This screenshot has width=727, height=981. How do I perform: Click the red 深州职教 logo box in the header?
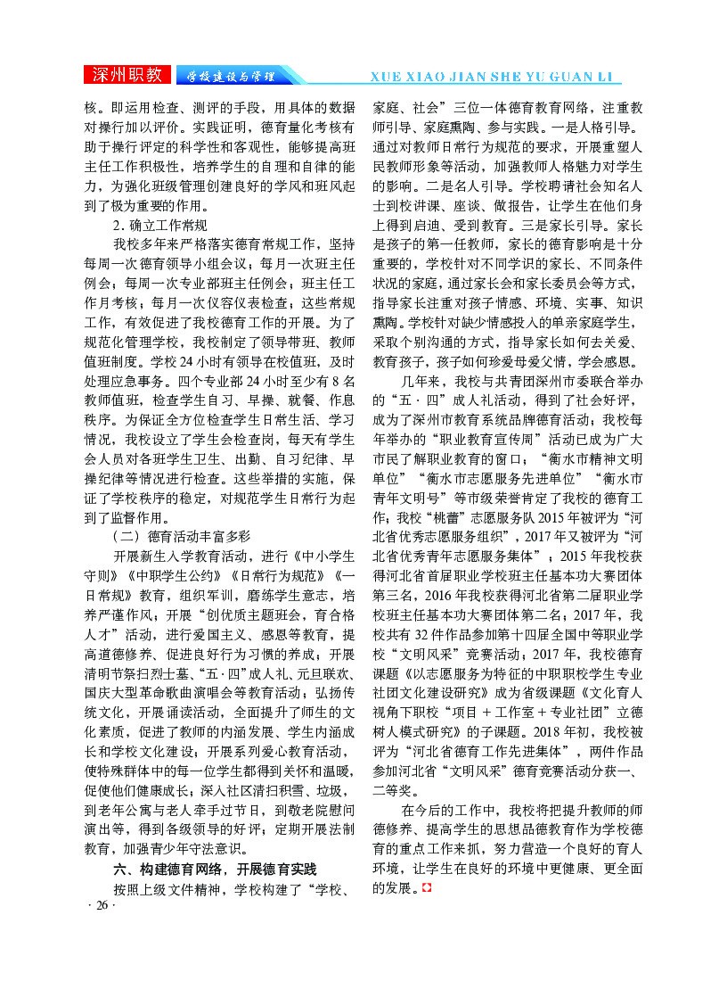coord(127,75)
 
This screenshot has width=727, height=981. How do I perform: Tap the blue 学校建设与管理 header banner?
coord(226,75)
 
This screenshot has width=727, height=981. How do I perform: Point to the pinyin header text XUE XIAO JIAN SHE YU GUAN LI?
coord(494,76)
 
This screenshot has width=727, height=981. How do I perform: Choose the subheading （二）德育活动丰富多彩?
coord(181,535)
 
